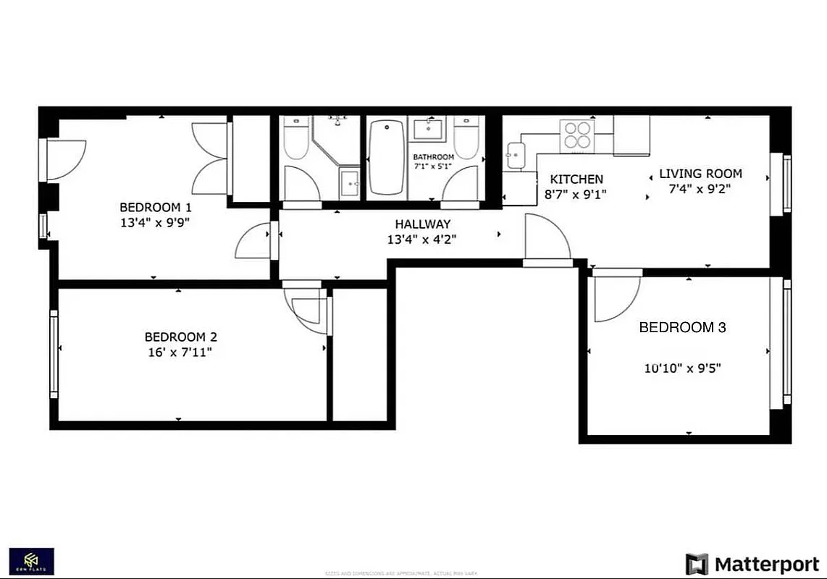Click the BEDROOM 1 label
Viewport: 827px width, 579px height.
click(x=156, y=206)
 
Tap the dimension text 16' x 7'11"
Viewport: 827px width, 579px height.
click(x=180, y=352)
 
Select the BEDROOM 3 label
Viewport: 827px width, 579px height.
click(x=682, y=327)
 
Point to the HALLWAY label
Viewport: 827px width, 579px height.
click(x=422, y=224)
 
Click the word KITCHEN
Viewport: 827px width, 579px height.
click(x=576, y=179)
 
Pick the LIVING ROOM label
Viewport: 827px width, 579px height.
click(x=700, y=174)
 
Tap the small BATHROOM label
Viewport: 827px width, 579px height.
click(x=433, y=157)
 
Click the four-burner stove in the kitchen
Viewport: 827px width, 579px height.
click(x=577, y=135)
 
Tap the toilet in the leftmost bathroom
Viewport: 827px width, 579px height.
click(x=296, y=140)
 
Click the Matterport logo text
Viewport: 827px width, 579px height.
click(x=767, y=564)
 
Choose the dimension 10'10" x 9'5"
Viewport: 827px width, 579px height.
click(x=682, y=368)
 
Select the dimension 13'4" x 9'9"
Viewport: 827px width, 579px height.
click(x=156, y=223)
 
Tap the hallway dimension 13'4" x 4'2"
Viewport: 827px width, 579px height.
click(x=422, y=239)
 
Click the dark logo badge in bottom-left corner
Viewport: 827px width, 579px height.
click(x=31, y=561)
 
